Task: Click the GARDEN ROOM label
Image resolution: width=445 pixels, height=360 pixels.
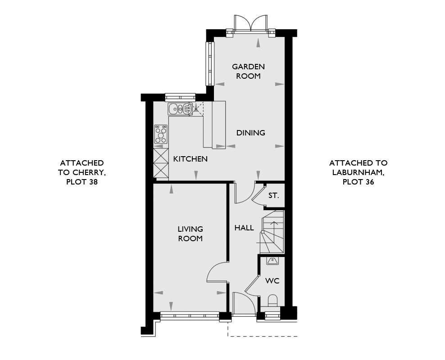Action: click(248, 71)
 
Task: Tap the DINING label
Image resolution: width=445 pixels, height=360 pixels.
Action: click(251, 133)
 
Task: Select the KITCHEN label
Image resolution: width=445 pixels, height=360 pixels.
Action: click(191, 159)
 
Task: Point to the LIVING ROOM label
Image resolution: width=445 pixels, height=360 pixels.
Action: click(191, 234)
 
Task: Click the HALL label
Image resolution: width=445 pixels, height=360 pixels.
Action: click(244, 228)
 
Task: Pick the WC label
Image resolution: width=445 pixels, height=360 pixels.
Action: click(272, 281)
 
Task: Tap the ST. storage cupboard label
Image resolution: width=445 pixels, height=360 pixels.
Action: click(274, 195)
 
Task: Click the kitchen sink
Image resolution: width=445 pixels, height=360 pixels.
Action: click(180, 108)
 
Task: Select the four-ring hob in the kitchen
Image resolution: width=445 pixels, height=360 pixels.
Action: click(161, 134)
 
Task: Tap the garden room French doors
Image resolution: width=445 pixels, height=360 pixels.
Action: click(251, 23)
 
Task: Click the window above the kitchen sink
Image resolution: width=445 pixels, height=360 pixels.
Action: click(180, 97)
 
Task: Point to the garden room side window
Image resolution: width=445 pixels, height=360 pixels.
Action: click(210, 63)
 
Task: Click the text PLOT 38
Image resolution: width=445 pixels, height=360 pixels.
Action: click(82, 182)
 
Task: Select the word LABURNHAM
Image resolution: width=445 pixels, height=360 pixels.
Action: click(359, 173)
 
